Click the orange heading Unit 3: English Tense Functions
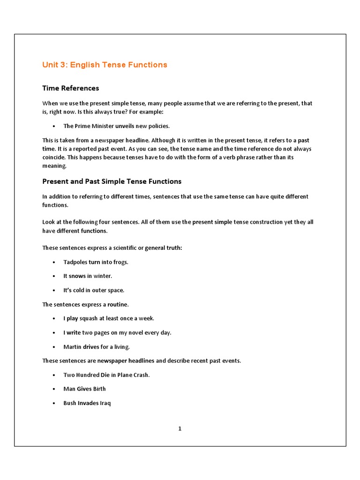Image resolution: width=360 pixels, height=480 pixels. click(105, 65)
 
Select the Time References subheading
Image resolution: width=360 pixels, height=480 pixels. click(70, 88)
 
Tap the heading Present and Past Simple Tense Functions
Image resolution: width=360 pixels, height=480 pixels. click(112, 181)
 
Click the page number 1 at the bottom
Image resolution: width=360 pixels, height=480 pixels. click(180, 428)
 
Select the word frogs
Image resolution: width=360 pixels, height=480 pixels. click(120, 262)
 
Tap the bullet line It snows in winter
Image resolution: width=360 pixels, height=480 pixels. click(88, 276)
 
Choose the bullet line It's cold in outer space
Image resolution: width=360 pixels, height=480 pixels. click(94, 290)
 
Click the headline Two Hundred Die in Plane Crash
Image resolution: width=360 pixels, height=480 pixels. click(106, 375)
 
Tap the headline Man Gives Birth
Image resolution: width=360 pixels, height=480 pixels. click(84, 389)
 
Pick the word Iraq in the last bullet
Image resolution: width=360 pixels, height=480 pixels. click(105, 403)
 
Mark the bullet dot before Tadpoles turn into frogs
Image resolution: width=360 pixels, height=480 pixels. click(54, 262)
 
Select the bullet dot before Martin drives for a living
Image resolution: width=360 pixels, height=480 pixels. click(54, 347)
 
